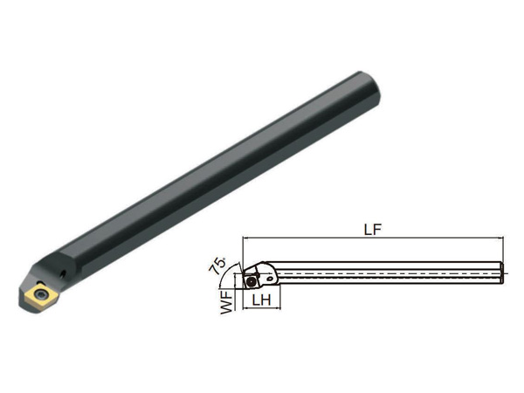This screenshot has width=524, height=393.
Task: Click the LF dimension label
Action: point(372,230)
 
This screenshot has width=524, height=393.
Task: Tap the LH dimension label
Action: point(262,300)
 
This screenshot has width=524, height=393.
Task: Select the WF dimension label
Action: point(226,302)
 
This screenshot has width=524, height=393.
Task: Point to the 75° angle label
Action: point(217,265)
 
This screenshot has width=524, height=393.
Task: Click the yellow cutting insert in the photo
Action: point(39,295)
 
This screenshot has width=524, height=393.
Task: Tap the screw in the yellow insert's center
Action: point(41,295)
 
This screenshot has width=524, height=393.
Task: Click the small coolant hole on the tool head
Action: point(63,275)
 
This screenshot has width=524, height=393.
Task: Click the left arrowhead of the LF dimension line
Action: point(245,238)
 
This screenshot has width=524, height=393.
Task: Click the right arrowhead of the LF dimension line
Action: point(500,238)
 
